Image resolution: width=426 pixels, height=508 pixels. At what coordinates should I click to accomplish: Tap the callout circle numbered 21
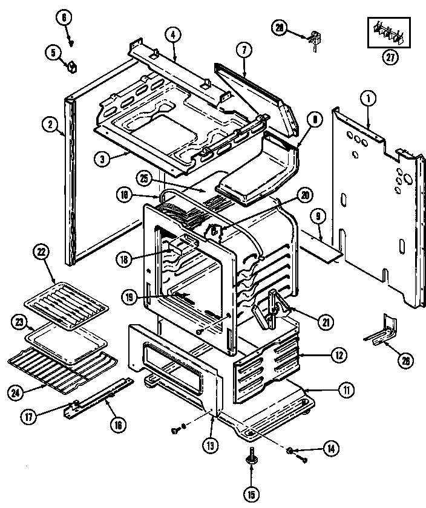326,322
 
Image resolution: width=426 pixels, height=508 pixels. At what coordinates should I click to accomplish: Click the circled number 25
143,178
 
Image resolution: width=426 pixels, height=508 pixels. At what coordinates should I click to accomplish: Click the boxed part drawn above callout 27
388,33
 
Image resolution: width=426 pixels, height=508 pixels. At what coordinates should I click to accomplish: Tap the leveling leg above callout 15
251,461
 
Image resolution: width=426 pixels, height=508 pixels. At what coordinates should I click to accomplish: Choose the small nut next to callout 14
290,450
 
